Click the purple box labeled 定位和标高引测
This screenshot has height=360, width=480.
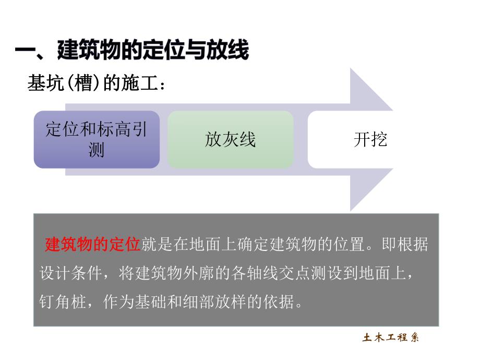point(97,139)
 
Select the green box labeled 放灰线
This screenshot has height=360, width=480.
point(230,139)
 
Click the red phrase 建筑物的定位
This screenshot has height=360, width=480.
point(93,244)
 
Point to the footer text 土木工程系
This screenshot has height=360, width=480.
point(391,338)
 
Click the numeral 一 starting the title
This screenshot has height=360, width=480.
point(24,51)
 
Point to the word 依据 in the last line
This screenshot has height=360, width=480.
point(280,302)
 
